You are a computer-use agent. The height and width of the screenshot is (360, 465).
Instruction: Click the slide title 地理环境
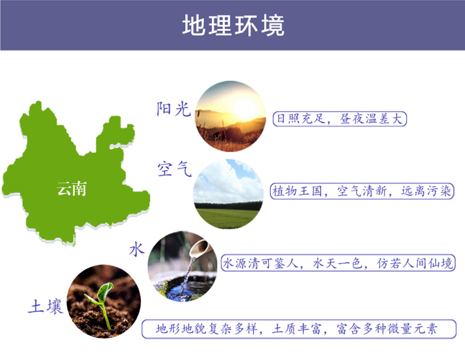pos(233,25)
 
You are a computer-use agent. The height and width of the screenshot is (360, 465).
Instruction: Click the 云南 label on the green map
pos(71,189)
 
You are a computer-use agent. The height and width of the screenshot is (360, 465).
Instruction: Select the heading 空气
pos(174,169)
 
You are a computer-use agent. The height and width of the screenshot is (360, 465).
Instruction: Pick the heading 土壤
pos(45,306)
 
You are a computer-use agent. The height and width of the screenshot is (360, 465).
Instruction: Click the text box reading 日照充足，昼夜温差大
pos(339,119)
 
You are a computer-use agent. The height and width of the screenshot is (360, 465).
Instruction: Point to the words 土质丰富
pos(296,329)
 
